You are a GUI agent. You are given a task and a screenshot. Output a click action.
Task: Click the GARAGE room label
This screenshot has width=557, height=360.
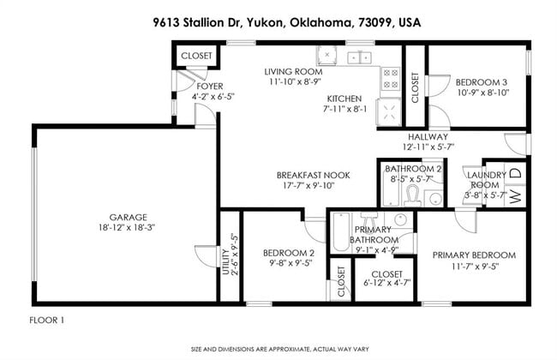pos(127,217)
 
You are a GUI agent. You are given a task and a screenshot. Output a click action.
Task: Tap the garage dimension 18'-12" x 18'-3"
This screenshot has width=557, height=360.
pos(127,228)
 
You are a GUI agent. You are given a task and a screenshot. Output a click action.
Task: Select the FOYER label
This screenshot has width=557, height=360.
pos(209,87)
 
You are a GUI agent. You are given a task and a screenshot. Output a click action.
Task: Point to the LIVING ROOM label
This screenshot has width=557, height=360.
pos(292,72)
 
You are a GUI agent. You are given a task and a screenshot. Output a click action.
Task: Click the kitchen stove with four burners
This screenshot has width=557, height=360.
pos(390,79)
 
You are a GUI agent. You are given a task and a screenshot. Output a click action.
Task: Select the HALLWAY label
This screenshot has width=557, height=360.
pos(427,137)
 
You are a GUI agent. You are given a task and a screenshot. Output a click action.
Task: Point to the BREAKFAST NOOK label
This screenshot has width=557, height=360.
pos(292,174)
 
